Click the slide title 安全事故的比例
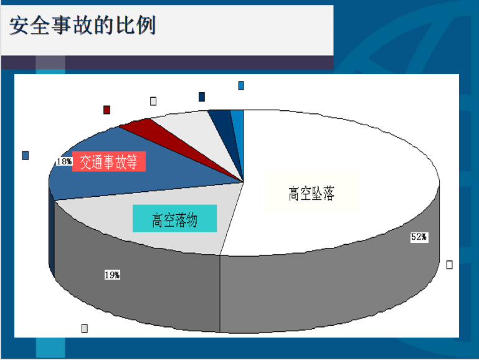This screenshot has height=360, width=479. [82, 25]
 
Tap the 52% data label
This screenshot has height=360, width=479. [419, 237]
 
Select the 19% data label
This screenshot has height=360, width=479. [112, 275]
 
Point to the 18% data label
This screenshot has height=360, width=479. [64, 161]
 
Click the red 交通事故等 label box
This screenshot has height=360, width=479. [109, 161]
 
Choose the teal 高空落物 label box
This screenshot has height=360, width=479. [175, 219]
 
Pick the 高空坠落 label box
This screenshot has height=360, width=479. [311, 192]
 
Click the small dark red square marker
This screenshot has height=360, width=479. [107, 110]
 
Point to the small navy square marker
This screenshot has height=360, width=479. [202, 97]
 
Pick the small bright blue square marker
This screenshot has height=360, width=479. [241, 85]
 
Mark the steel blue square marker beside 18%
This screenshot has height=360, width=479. [26, 156]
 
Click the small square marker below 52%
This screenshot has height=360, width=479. [449, 265]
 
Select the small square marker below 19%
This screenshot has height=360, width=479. [85, 328]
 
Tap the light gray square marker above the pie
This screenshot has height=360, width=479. [153, 101]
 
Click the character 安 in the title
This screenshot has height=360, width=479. [19, 26]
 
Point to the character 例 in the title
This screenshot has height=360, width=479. [146, 25]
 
